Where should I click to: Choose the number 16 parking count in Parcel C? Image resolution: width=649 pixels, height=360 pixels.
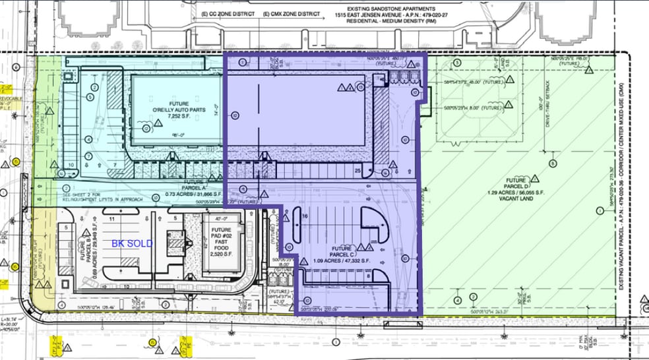pos(305,216)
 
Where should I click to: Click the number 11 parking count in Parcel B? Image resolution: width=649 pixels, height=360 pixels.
pos(113,217)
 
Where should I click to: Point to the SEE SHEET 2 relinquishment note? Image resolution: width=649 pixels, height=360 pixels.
pos(106,198)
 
